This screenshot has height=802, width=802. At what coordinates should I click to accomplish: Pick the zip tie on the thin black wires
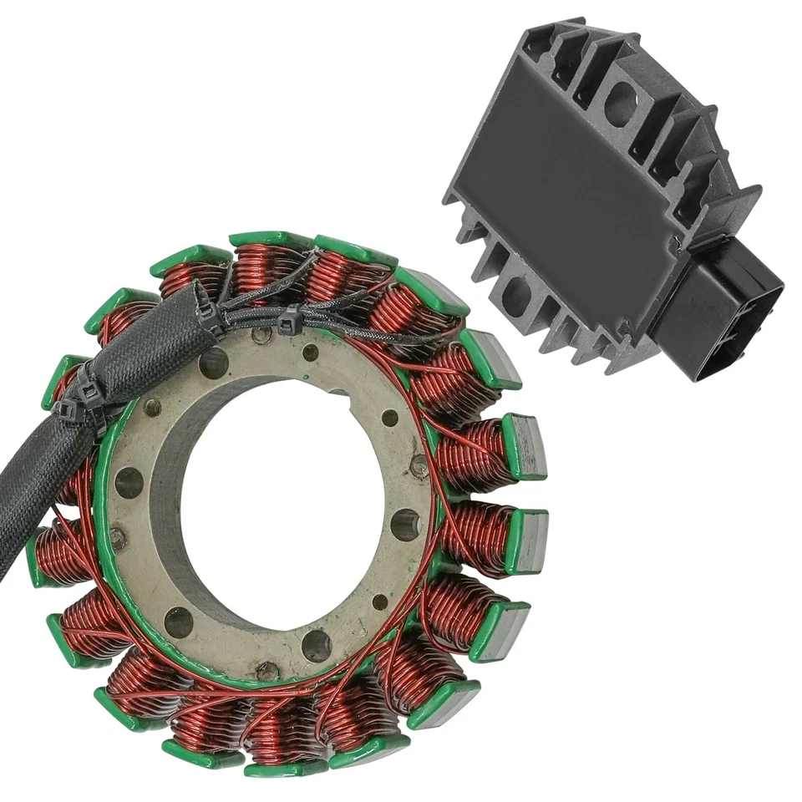[x=290, y=320]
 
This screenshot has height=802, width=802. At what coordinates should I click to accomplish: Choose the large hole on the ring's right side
[x=405, y=525]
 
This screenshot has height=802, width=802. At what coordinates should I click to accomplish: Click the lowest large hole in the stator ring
[x=317, y=645]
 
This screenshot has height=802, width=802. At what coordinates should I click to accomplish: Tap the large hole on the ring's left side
[x=129, y=483]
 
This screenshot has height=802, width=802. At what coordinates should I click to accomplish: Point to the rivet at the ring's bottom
[x=266, y=669]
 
